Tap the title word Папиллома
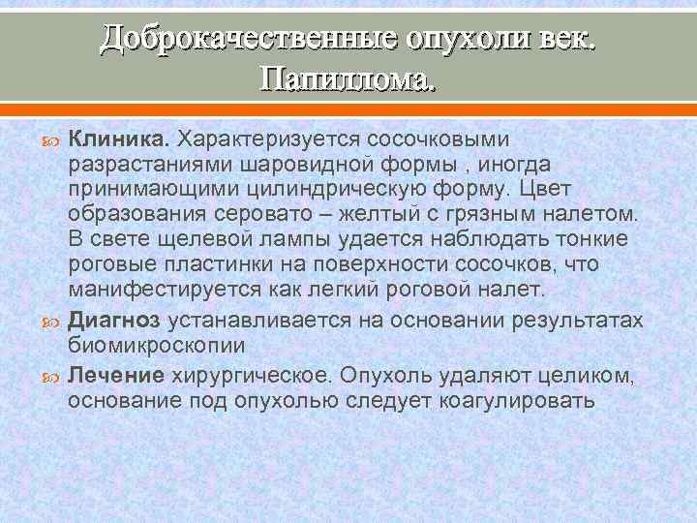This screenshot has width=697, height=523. [348, 78]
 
